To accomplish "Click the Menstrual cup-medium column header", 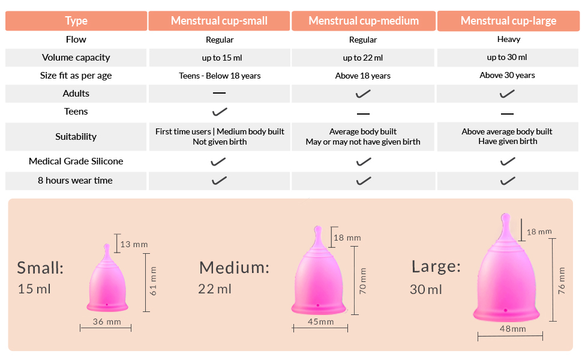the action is (364, 21).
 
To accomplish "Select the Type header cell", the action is (76, 21).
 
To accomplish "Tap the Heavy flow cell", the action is (508, 40).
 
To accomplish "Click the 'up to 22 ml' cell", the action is (363, 58).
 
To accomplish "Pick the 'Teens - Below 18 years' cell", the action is (220, 76).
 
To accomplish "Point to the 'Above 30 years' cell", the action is (508, 76).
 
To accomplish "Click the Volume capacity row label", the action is (76, 58).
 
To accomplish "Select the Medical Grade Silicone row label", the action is (76, 161).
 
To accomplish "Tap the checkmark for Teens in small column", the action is (220, 112).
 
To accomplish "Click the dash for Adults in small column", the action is (220, 94).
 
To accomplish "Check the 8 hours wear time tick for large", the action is (508, 181).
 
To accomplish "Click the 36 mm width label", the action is (107, 322).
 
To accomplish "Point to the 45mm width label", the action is (321, 322).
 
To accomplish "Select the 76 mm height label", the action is (562, 279).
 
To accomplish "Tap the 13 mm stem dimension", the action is (134, 244).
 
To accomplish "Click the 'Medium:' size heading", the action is (234, 268).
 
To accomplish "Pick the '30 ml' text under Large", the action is (426, 289).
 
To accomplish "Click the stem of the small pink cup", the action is (107, 249).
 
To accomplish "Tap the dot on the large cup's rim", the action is (506, 310).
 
